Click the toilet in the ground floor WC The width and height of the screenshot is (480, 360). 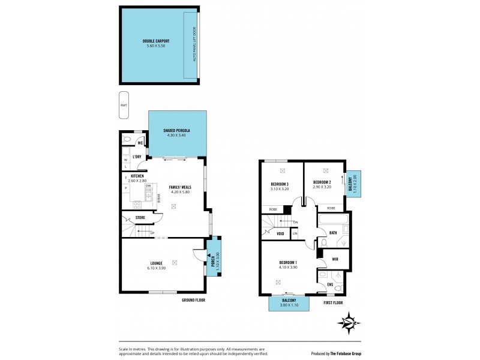(x=127, y=139)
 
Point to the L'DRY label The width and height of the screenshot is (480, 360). (x=137, y=157)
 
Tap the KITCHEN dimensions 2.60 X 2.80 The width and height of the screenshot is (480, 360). (x=138, y=180)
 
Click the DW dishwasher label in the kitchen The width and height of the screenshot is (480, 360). (x=148, y=186)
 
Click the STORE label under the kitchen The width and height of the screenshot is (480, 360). (x=140, y=217)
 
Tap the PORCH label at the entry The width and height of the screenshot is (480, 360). (x=212, y=262)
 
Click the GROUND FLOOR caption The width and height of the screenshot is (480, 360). (x=193, y=300)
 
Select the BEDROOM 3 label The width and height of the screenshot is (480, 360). (x=279, y=183)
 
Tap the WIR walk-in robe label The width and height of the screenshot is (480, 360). (x=335, y=259)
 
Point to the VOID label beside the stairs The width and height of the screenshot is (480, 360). (x=280, y=233)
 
